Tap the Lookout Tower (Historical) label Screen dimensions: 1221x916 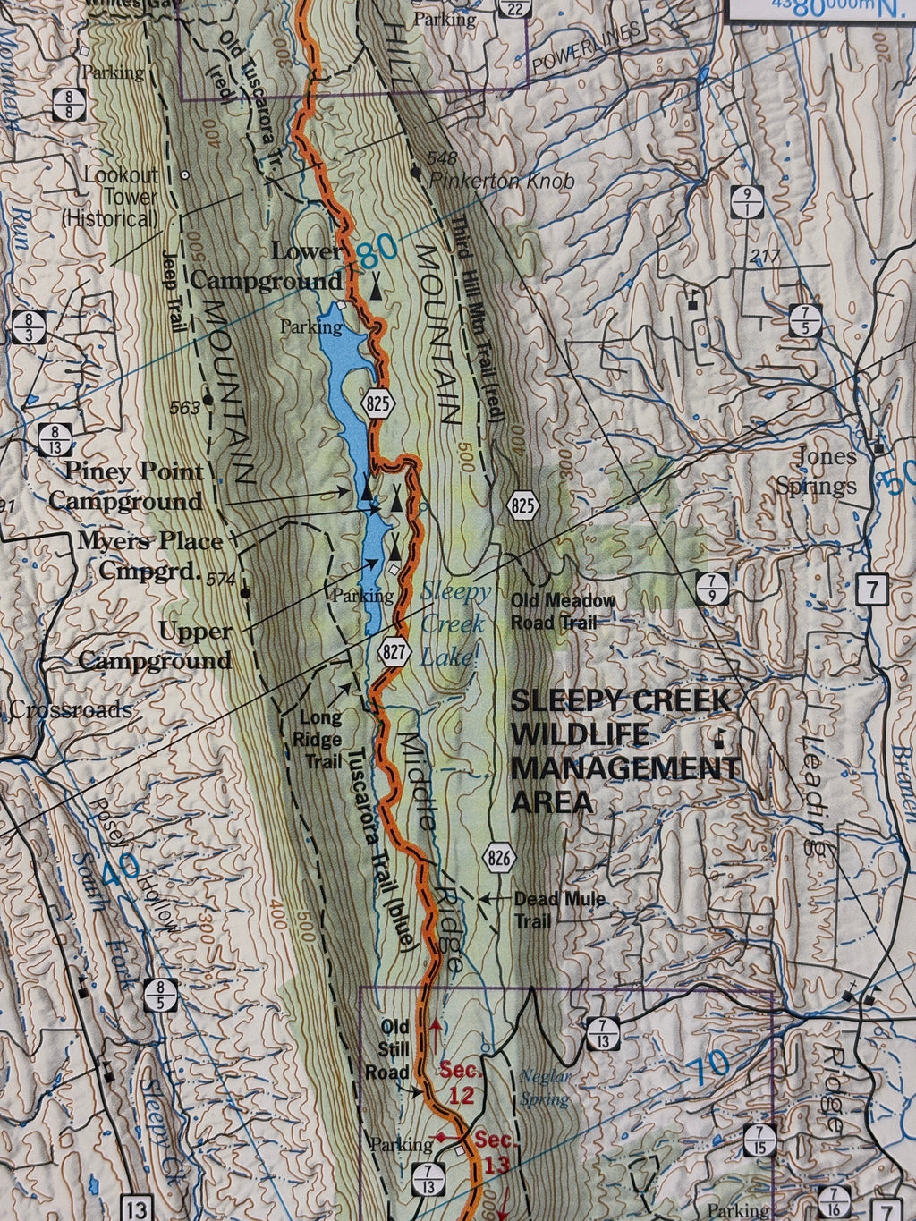tap(110, 196)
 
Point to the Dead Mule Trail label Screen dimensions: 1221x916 tap(559, 909)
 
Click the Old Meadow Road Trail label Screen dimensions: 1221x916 tap(563, 611)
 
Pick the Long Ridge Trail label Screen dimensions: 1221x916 tap(320, 740)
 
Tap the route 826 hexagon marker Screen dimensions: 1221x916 tap(499, 859)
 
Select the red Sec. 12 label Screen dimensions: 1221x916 tap(461, 1081)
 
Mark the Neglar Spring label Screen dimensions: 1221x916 tap(545, 1088)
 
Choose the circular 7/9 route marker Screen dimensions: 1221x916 tap(712, 589)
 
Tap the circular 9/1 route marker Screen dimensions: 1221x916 tap(746, 201)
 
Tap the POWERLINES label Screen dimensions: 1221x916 tap(586, 50)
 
